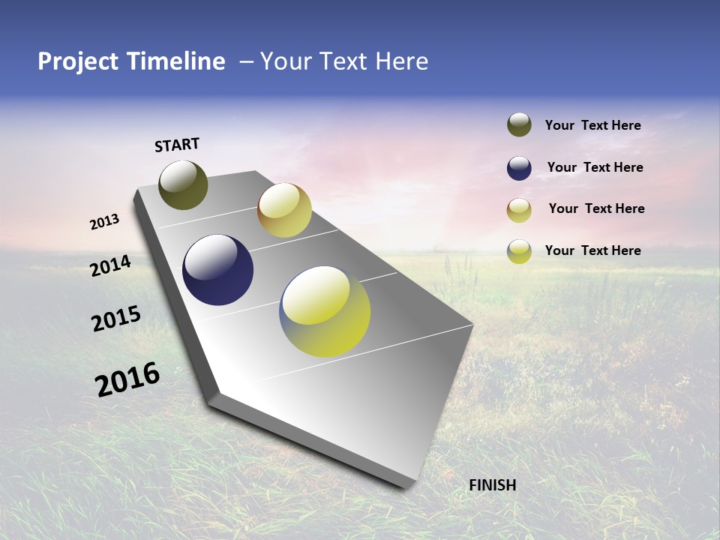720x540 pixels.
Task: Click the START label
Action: (x=177, y=145)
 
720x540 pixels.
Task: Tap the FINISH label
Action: (x=493, y=485)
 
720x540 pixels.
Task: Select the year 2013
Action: (x=105, y=222)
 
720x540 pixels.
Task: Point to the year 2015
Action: (x=116, y=319)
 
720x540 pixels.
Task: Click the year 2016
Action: (x=127, y=379)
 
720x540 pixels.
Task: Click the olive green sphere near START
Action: (x=183, y=185)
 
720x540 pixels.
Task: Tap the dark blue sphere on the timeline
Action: (x=217, y=270)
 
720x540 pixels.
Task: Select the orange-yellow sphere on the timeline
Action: (x=284, y=210)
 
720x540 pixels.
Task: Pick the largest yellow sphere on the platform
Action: (x=325, y=310)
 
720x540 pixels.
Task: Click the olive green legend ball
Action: (x=519, y=125)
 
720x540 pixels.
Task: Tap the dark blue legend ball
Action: (x=519, y=168)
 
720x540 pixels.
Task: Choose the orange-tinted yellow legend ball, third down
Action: (x=519, y=210)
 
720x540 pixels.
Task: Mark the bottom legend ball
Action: (x=519, y=251)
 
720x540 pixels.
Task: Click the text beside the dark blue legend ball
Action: (x=595, y=167)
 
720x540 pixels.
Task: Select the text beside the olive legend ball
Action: (x=592, y=125)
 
